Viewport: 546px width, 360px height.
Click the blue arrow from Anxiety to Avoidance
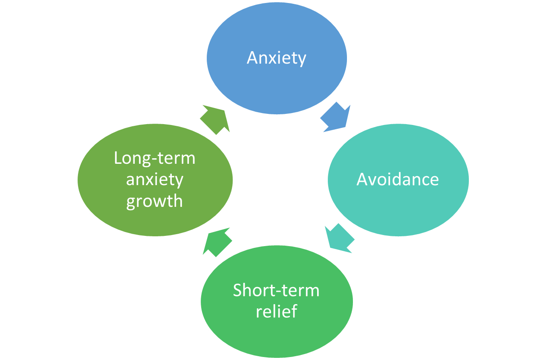pyautogui.click(x=336, y=117)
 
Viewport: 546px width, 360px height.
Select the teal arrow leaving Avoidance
pyautogui.click(x=339, y=239)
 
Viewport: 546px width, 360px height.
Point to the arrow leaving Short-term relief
pyautogui.click(x=217, y=241)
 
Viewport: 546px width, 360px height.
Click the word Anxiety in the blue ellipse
pyautogui.click(x=277, y=58)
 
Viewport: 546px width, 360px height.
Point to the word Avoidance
pyautogui.click(x=398, y=180)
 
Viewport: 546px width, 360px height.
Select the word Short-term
pyautogui.click(x=276, y=290)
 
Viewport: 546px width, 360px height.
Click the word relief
pyautogui.click(x=276, y=311)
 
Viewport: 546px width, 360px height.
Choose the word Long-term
pyautogui.click(x=155, y=158)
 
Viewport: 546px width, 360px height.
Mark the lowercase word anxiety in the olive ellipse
pyautogui.click(x=155, y=180)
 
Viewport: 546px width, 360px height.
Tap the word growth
pyautogui.click(x=155, y=201)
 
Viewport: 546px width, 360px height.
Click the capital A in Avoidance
pyautogui.click(x=362, y=180)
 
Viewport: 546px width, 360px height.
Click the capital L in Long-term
pyautogui.click(x=118, y=158)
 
